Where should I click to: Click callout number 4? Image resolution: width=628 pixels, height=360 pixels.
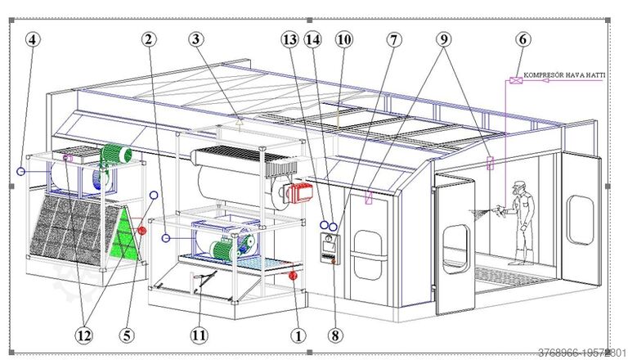[x=32, y=39]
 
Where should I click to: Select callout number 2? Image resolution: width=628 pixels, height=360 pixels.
[x=148, y=38]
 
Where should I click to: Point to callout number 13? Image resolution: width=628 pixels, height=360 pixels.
[x=289, y=38]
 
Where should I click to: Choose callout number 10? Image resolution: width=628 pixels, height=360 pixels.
[x=343, y=38]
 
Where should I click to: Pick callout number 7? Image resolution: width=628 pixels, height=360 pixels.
[x=395, y=38]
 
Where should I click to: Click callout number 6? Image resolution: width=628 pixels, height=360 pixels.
[x=523, y=38]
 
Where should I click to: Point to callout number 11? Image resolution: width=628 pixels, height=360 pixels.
[x=200, y=334]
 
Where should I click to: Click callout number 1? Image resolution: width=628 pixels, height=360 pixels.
[x=298, y=334]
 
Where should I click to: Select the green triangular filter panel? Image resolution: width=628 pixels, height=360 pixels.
[x=123, y=233]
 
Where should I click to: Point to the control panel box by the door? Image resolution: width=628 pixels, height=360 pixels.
[x=329, y=247]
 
